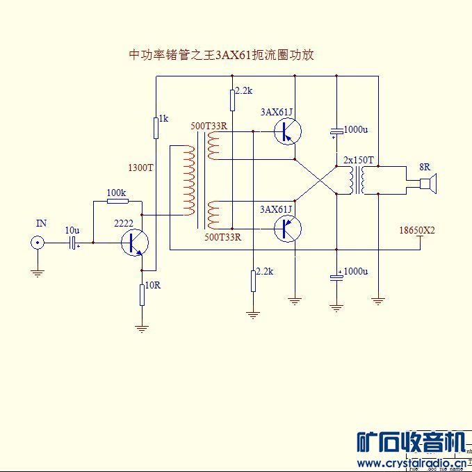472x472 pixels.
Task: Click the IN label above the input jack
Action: pyautogui.click(x=42, y=223)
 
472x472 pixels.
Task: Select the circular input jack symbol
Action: pyautogui.click(x=36, y=243)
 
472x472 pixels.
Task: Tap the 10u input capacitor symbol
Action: pyautogui.click(x=72, y=243)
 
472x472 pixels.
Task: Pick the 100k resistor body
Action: pyautogui.click(x=117, y=201)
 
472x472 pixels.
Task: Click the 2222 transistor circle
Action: pyautogui.click(x=134, y=243)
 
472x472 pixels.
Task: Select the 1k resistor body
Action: pyautogui.click(x=156, y=128)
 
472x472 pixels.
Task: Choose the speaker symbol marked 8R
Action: pyautogui.click(x=425, y=184)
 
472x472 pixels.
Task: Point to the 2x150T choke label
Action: pyautogui.click(x=359, y=160)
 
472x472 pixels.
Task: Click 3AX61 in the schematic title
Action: pyautogui.click(x=232, y=55)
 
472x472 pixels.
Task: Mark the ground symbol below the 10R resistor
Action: pyautogui.click(x=142, y=328)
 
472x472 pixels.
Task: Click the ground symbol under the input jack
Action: pyautogui.click(x=36, y=273)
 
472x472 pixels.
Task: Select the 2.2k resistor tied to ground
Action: pyautogui.click(x=253, y=281)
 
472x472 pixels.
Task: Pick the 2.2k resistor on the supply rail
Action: pyautogui.click(x=232, y=100)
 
